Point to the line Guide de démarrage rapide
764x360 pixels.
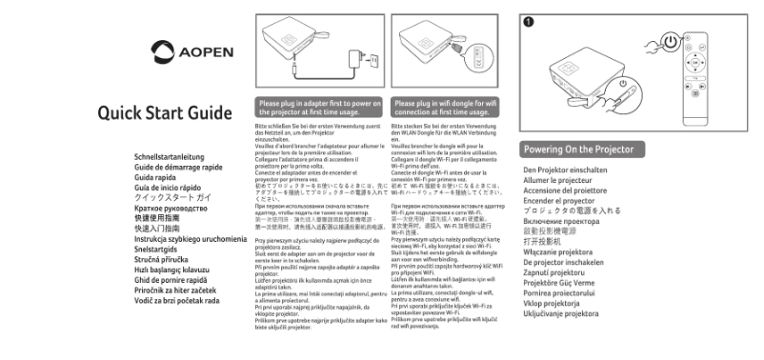pos(179,167)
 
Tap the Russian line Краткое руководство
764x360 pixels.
pos(171,207)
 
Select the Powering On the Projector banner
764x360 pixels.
pos(581,150)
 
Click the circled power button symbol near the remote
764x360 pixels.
pos(673,44)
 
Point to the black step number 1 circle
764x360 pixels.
pos(529,20)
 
